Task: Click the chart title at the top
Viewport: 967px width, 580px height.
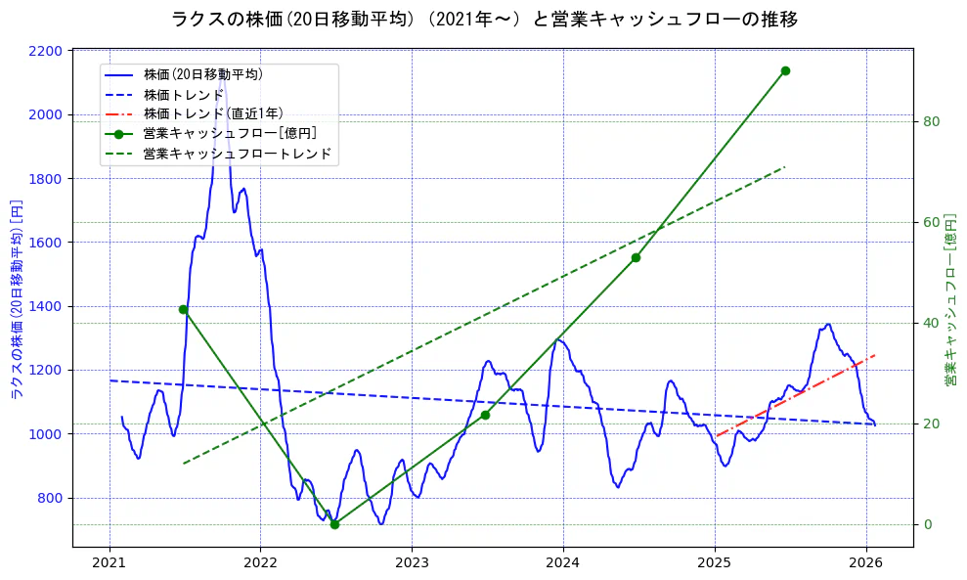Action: (x=484, y=20)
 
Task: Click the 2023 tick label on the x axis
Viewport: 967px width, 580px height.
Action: (x=412, y=563)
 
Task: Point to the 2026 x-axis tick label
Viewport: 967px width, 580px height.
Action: (x=866, y=563)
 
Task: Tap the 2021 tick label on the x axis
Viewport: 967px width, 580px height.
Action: (x=109, y=563)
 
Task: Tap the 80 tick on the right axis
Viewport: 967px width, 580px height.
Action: (x=932, y=121)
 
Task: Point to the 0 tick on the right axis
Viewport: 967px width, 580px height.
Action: (x=928, y=524)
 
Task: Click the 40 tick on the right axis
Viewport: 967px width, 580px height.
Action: (x=932, y=323)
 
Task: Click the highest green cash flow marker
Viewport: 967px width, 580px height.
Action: (x=785, y=70)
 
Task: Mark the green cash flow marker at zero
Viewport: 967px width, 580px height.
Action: (x=334, y=524)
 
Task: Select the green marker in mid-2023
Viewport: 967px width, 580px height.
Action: (x=485, y=415)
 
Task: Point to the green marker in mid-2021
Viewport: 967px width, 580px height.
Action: (x=183, y=309)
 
